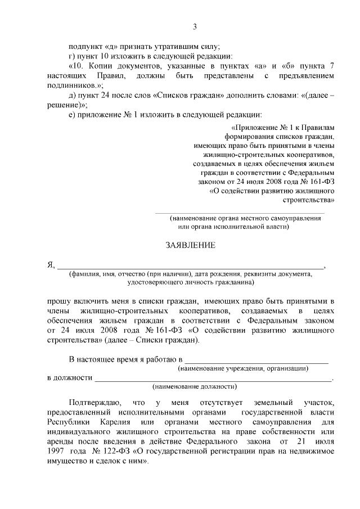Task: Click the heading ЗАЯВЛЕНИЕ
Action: [x=190, y=246]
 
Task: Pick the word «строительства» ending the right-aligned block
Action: [x=311, y=199]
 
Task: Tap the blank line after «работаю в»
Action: [x=256, y=360]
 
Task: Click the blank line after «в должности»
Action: [x=213, y=380]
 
